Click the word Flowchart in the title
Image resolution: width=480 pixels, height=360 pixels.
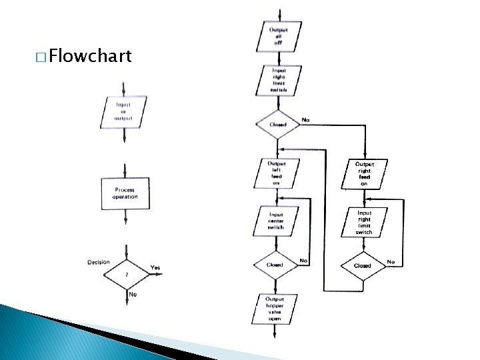tap(90, 56)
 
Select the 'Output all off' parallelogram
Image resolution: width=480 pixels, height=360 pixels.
tap(278, 37)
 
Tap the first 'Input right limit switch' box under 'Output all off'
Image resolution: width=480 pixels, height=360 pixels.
tap(278, 80)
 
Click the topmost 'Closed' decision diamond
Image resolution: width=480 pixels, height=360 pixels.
tap(278, 125)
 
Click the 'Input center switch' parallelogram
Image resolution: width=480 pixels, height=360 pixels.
tap(276, 221)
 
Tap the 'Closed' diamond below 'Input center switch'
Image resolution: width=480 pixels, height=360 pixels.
tap(275, 265)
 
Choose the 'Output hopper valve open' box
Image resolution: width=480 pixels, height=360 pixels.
tap(274, 309)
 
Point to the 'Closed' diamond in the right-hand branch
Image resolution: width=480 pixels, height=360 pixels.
tap(363, 265)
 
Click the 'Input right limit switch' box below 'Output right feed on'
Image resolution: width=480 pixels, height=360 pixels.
tap(364, 223)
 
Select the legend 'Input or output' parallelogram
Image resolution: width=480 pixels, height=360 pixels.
tap(123, 111)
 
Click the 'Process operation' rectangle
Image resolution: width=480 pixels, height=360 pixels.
tap(125, 193)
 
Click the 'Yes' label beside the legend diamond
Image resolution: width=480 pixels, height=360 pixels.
tap(155, 267)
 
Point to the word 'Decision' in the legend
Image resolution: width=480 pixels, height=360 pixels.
tap(99, 262)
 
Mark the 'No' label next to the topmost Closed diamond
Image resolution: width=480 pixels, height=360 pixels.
tap(305, 120)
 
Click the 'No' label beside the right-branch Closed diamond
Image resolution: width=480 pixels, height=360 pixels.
tap(391, 262)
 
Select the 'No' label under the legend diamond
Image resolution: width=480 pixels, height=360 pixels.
tap(133, 294)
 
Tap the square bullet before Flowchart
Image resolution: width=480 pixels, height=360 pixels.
tap(42, 57)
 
